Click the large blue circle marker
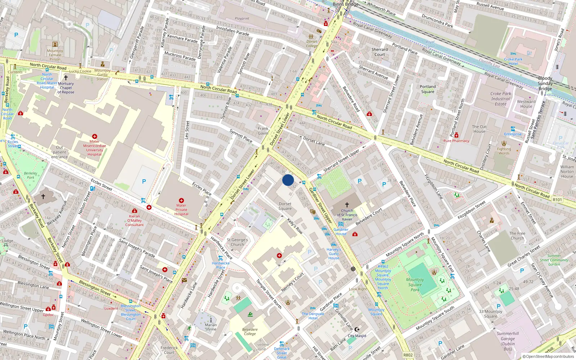pos(288,180)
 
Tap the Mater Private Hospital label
pos(181,210)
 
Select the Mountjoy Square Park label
pos(415,284)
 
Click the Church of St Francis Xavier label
pos(347,215)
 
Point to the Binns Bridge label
pos(345,4)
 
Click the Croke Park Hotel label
pos(513,61)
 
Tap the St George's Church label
pos(237,242)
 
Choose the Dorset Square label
pos(285,206)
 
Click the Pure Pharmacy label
pos(456,141)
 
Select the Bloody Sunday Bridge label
pos(545,83)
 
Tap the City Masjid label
pos(357,336)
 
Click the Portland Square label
pos(428,89)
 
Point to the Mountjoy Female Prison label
pos(55,55)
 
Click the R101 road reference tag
pos(557,199)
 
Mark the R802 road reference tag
pos(408,355)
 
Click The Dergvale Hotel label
pos(313,316)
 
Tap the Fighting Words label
pos(504,151)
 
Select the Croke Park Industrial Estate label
pos(500,99)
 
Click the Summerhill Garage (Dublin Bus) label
pos(508,341)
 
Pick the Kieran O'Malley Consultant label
pos(134,220)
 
